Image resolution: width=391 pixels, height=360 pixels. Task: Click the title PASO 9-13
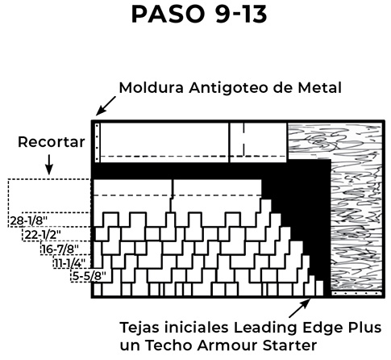click(x=199, y=14)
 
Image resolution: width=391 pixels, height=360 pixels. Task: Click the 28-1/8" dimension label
click(x=29, y=221)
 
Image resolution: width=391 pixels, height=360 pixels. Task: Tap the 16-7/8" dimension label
click(x=60, y=249)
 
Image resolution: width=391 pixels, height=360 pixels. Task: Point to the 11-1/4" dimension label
click(x=70, y=263)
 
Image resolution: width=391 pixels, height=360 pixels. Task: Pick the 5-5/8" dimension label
click(x=89, y=276)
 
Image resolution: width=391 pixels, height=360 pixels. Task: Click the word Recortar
click(x=52, y=142)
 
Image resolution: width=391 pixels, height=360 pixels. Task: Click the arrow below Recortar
click(x=49, y=165)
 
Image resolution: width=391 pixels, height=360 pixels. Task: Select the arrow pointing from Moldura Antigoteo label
click(x=106, y=106)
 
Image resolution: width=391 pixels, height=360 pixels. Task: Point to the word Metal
click(x=320, y=88)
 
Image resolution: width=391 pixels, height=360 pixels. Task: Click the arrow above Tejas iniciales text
click(x=300, y=308)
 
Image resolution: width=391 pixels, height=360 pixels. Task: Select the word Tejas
click(x=139, y=328)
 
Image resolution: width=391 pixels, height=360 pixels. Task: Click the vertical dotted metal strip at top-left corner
click(x=98, y=143)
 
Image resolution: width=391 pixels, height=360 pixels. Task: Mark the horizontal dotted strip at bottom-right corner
click(x=356, y=293)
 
